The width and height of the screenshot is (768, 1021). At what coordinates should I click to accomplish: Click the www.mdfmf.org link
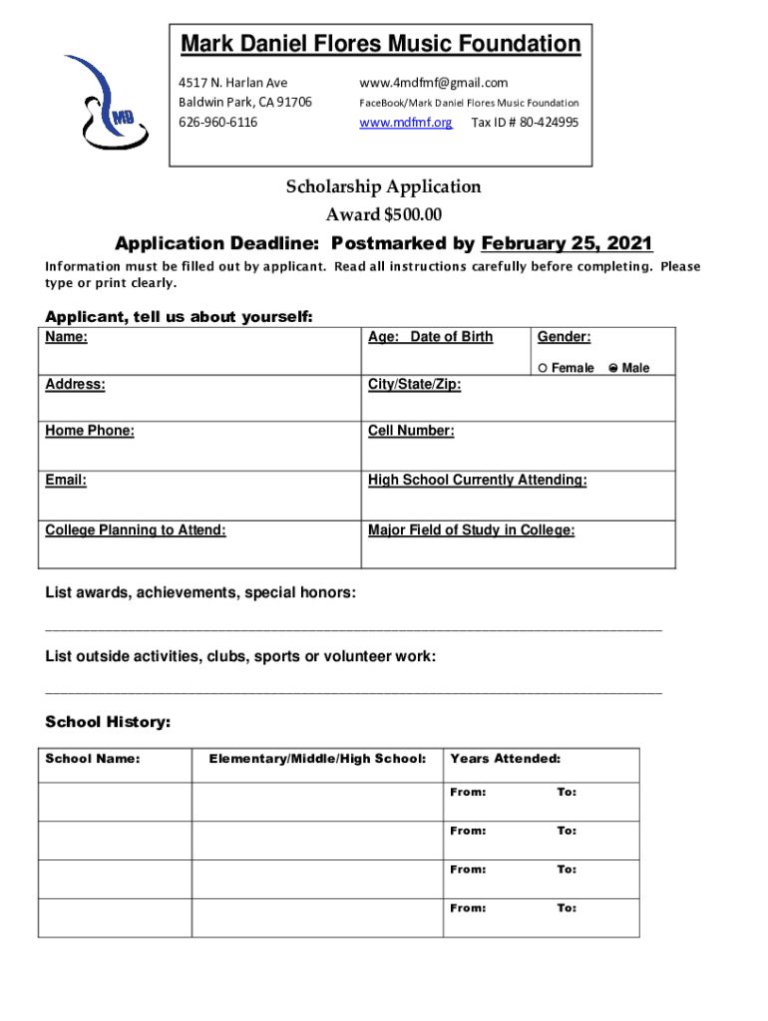point(405,123)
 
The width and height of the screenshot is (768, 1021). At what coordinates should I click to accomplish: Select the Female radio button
point(542,368)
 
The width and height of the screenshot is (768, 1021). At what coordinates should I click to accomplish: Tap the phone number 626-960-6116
point(217,123)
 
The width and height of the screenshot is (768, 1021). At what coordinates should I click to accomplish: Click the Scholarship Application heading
point(383,186)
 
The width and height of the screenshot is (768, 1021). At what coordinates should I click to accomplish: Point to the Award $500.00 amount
point(383,214)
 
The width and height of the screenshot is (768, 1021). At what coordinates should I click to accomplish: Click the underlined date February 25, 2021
point(567,243)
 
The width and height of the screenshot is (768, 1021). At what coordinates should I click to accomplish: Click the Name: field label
point(66,337)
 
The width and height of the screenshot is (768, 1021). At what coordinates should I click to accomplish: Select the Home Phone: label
point(90,431)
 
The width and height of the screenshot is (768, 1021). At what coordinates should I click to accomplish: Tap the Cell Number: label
point(411,431)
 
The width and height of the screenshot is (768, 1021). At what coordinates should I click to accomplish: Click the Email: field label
point(66,481)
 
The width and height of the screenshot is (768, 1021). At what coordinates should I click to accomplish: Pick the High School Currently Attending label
point(477,481)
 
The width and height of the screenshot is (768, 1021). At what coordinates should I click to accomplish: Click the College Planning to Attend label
point(136,530)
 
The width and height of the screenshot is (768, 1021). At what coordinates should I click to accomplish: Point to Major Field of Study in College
point(471,530)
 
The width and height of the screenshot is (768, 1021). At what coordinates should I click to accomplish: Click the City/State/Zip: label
point(414,384)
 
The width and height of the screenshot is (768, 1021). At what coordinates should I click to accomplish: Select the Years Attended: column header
point(505,759)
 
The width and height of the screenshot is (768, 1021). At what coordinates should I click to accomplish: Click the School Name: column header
point(92,759)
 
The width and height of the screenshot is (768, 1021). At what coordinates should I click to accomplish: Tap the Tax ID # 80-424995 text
point(525,123)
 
